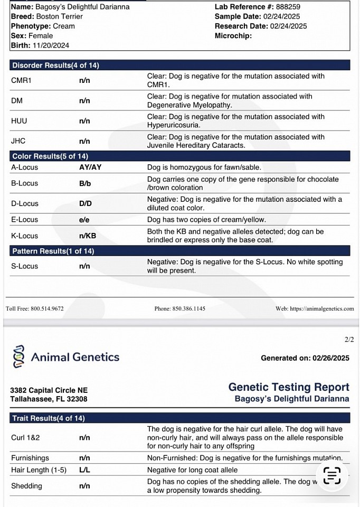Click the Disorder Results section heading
click(55, 65)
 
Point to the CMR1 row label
click(22, 80)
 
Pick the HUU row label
click(19, 121)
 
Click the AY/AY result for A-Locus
click(90, 167)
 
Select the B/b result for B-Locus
click(84, 183)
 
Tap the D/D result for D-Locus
click(85, 203)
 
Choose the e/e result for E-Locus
click(84, 220)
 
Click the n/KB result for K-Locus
click(88, 236)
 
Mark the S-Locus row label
click(24, 266)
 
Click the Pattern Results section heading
click(53, 251)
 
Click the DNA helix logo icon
click(18, 357)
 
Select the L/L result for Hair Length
click(84, 470)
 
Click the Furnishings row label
click(30, 458)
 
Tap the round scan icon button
click(332, 476)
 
